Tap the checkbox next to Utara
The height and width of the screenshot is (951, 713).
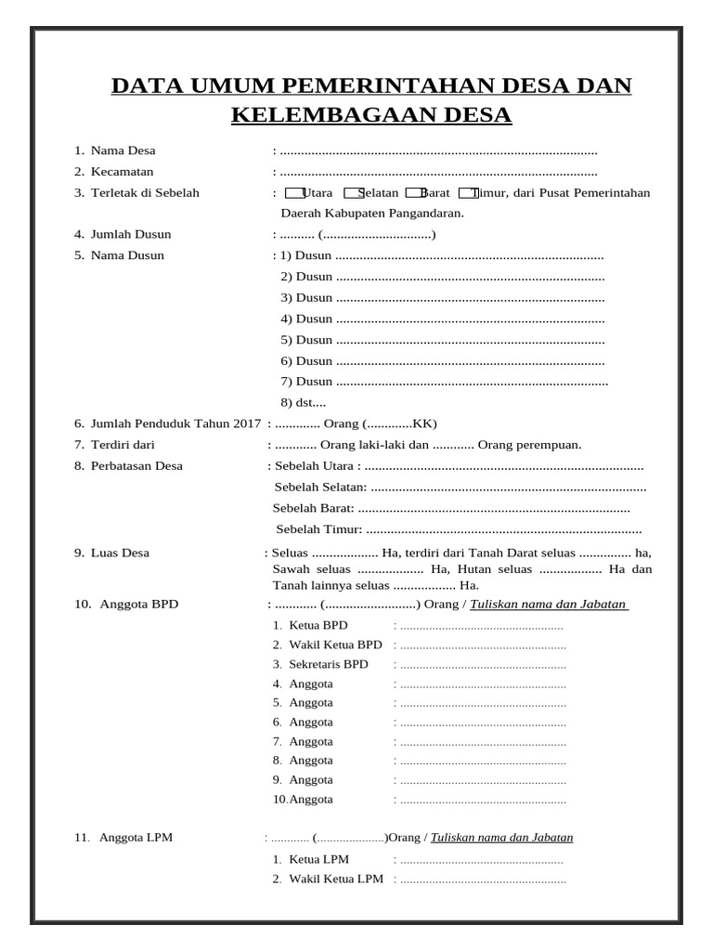click(x=293, y=193)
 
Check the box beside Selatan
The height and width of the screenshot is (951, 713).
click(x=353, y=193)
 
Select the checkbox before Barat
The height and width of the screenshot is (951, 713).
click(x=415, y=193)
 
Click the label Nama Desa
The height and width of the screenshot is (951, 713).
click(x=123, y=150)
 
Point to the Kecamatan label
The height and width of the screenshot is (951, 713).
click(x=122, y=172)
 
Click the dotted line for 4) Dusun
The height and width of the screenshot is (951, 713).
click(x=469, y=319)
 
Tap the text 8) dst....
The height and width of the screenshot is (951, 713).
click(x=304, y=402)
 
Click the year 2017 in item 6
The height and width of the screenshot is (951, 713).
click(x=248, y=423)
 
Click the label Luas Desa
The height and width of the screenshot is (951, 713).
click(x=120, y=553)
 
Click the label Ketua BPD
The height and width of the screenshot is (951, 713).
click(x=318, y=625)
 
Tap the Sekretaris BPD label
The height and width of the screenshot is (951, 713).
click(x=329, y=664)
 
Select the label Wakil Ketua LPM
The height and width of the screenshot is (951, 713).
click(x=336, y=879)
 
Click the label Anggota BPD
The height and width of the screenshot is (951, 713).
click(x=138, y=604)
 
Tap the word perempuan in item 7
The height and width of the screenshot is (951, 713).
click(x=550, y=445)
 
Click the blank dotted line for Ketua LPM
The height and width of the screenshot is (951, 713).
click(x=481, y=860)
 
